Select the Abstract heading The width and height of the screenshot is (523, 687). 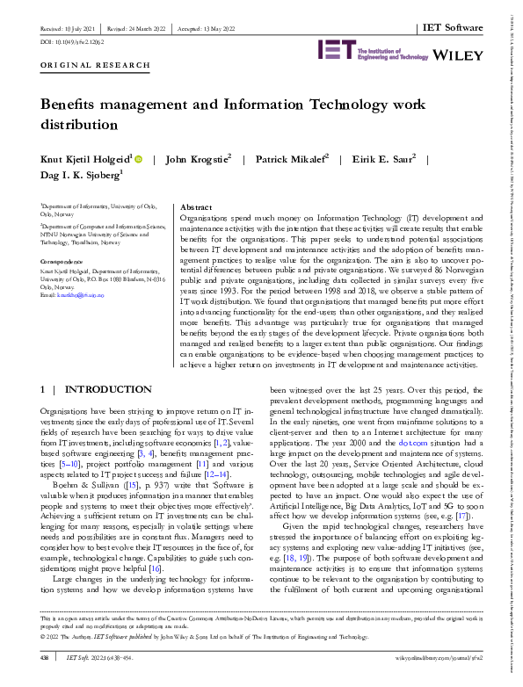(x=194, y=204)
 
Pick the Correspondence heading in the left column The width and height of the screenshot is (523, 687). (x=64, y=262)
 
